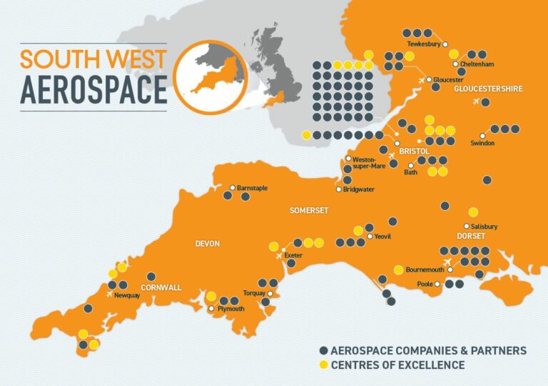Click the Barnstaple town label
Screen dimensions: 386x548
click(x=253, y=187)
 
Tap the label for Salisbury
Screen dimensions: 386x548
click(x=485, y=227)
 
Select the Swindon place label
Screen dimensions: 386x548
click(x=482, y=144)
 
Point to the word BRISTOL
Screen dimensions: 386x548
click(x=413, y=152)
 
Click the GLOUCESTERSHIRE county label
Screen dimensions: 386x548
click(x=489, y=89)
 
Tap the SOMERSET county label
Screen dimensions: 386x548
click(x=308, y=210)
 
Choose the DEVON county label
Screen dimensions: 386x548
click(x=208, y=244)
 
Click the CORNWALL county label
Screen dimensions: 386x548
click(x=161, y=287)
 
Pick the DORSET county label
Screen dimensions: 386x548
click(x=471, y=236)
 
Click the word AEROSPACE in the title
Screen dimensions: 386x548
click(x=93, y=89)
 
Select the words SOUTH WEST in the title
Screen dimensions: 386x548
click(x=93, y=59)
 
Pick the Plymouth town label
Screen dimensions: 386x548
click(x=230, y=309)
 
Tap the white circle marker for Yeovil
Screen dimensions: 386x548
click(x=368, y=236)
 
